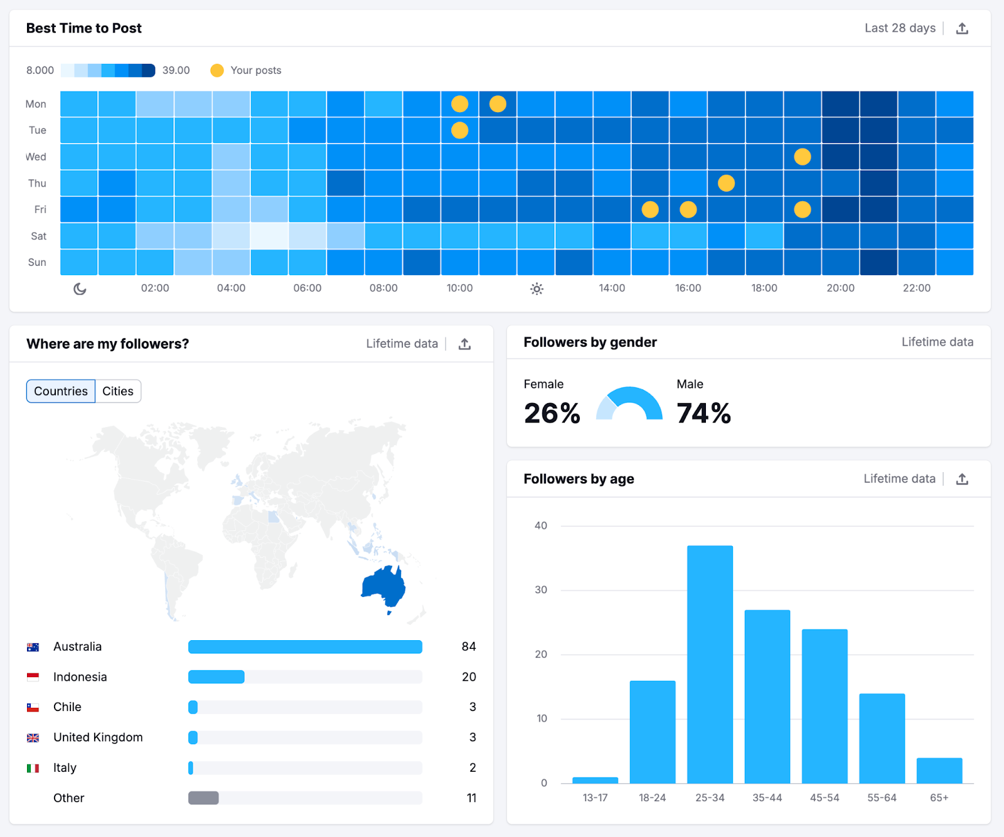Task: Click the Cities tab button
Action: point(118,391)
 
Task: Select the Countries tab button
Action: point(61,391)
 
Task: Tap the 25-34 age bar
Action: point(710,664)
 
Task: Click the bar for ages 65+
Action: point(939,771)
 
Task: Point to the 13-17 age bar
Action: point(595,780)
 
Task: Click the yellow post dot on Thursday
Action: point(726,183)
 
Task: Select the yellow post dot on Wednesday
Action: point(802,157)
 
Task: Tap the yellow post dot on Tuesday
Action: point(460,130)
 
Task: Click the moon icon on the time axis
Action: point(80,288)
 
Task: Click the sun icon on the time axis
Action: point(537,288)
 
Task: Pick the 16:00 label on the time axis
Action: point(688,288)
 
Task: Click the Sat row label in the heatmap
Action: point(38,236)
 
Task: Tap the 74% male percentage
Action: point(703,413)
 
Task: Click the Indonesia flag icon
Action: point(33,677)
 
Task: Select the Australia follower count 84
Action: point(468,646)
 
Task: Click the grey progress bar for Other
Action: point(203,798)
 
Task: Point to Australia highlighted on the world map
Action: point(382,586)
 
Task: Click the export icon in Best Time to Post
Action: point(962,28)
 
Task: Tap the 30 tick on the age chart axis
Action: point(540,590)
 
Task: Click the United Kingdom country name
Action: point(98,737)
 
